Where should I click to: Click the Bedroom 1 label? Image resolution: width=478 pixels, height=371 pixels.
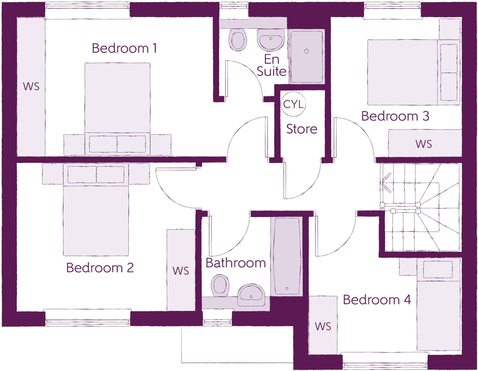(x=124, y=48)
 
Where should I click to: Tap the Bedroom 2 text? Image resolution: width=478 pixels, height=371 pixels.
(x=100, y=268)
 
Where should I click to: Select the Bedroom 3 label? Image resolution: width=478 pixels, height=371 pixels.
(x=395, y=116)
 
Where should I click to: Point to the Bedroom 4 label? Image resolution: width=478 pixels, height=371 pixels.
(x=377, y=300)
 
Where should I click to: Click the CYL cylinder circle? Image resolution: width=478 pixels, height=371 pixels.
(x=294, y=104)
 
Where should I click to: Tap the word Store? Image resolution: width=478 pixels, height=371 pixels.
(x=302, y=129)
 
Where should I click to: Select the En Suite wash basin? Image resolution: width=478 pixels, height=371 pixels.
(x=271, y=40)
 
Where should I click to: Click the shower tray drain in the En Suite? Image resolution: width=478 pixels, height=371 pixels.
(x=307, y=51)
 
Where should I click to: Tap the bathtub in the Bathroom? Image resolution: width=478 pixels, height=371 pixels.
(x=287, y=256)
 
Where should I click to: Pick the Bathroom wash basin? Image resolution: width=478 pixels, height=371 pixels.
(x=251, y=295)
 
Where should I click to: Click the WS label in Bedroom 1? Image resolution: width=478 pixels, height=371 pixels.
(x=31, y=86)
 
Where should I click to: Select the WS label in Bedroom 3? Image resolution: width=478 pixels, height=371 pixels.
(x=424, y=144)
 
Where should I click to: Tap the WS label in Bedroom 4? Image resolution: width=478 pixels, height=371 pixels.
(x=323, y=326)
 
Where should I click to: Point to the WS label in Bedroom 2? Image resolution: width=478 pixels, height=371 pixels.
(x=181, y=271)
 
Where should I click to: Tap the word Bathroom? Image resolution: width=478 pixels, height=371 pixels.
(x=236, y=263)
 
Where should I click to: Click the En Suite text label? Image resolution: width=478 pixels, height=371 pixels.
(x=271, y=65)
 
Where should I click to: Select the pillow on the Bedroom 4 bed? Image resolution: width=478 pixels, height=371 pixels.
(x=438, y=269)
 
